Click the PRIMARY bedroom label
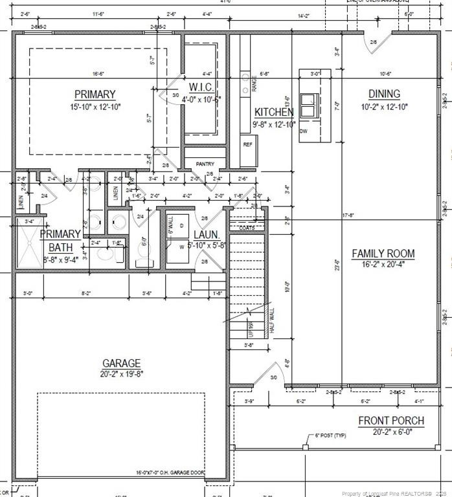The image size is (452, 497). (x=95, y=94)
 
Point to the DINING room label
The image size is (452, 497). (x=384, y=94)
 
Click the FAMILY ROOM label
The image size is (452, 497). (x=383, y=253)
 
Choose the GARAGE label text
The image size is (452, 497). (x=121, y=363)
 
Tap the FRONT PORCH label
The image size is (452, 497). (x=391, y=421)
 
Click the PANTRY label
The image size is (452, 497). (x=205, y=164)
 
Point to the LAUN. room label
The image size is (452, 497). (x=207, y=235)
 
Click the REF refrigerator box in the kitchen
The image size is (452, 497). (x=247, y=145)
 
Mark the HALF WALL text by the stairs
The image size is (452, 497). (x=271, y=322)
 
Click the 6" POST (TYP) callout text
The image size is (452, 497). (x=330, y=436)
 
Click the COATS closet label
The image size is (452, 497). (x=247, y=228)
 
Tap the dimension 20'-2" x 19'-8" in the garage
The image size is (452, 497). (x=121, y=374)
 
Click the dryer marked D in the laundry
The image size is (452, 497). (x=181, y=225)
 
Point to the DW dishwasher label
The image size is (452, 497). (x=304, y=131)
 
